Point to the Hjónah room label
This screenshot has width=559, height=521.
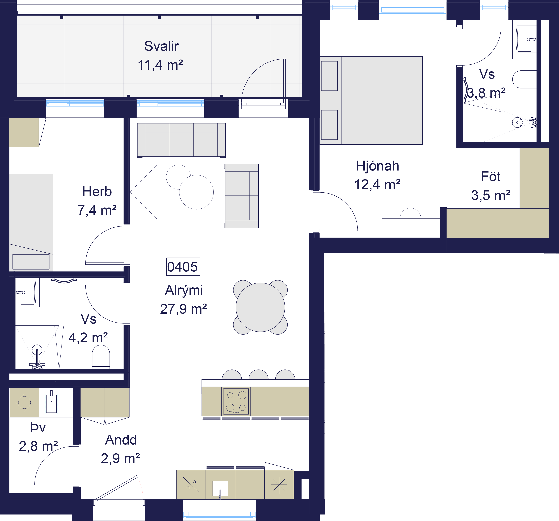pyautogui.click(x=377, y=166)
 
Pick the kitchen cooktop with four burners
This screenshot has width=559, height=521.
pyautogui.click(x=236, y=401)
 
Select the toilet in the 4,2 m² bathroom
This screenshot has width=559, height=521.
pyautogui.click(x=101, y=357)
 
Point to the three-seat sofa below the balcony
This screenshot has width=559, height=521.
pyautogui.click(x=181, y=140)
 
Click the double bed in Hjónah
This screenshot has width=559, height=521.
pyautogui.click(x=371, y=100)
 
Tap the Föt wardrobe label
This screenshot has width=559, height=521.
pyautogui.click(x=491, y=177)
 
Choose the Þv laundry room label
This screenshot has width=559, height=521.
pyautogui.click(x=38, y=428)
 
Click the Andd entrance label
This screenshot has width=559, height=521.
pyautogui.click(x=121, y=440)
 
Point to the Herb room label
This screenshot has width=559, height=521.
pyautogui.click(x=97, y=192)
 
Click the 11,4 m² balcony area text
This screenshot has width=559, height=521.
pyautogui.click(x=160, y=65)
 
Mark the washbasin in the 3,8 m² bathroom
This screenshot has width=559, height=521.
pyautogui.click(x=524, y=39)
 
